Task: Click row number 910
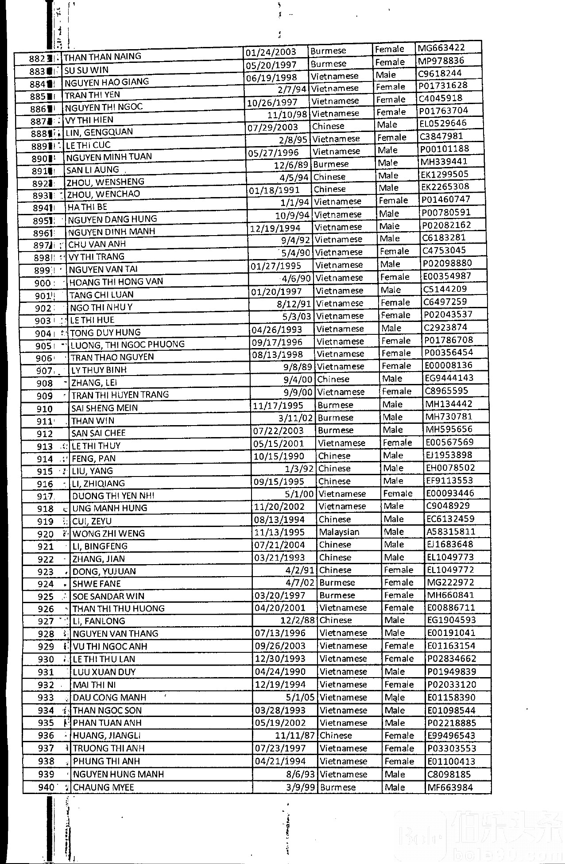coord(44,409)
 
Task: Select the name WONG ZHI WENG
coord(108,533)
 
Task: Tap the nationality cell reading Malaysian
coord(339,532)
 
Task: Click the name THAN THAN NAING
coord(102,57)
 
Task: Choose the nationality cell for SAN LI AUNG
coord(331,164)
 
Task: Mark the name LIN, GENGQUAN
coord(99,132)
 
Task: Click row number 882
coord(38,58)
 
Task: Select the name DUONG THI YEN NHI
coord(113,496)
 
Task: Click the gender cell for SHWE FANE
coord(399,583)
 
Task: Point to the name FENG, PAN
coord(93,458)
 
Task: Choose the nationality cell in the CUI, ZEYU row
coord(334,519)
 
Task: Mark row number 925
coord(46,597)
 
